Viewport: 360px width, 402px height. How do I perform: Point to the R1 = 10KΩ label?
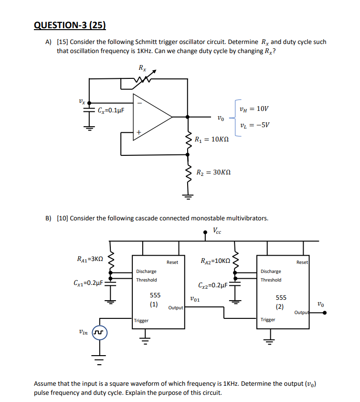click(212, 140)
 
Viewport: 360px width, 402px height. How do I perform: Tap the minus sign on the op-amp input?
click(139, 102)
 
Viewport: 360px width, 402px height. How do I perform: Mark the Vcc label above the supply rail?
click(217, 230)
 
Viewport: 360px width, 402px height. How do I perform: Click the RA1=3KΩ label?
click(90, 259)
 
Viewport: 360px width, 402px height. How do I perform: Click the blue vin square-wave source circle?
click(100, 331)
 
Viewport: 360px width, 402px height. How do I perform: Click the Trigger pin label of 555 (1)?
click(141, 321)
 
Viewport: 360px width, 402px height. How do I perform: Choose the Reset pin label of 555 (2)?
click(302, 262)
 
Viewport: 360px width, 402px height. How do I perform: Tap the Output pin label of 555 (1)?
click(176, 308)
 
